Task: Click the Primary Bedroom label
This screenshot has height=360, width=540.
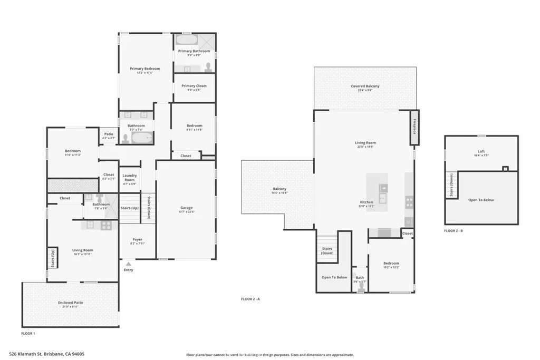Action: pyautogui.click(x=145, y=69)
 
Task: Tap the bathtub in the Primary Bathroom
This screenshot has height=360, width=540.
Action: pyautogui.click(x=185, y=41)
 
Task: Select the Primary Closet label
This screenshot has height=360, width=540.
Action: pyautogui.click(x=194, y=86)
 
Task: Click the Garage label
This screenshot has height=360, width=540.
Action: pyautogui.click(x=187, y=208)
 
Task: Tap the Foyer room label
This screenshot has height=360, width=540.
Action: pyautogui.click(x=137, y=240)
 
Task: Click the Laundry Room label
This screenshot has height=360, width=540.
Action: pyautogui.click(x=130, y=178)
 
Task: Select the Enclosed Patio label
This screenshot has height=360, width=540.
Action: pyautogui.click(x=71, y=303)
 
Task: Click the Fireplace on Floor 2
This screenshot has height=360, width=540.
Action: pyautogui.click(x=414, y=128)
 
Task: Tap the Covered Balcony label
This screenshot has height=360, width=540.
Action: pyautogui.click(x=365, y=86)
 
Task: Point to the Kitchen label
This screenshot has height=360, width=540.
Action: pyautogui.click(x=367, y=202)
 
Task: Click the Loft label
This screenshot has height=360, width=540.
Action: pyautogui.click(x=481, y=151)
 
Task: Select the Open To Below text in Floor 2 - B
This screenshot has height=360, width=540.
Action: pyautogui.click(x=481, y=200)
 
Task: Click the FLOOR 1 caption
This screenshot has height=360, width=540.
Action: pyautogui.click(x=28, y=334)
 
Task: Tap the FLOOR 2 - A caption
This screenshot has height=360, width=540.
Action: pyautogui.click(x=252, y=299)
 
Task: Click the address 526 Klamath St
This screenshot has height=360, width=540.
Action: pyautogui.click(x=47, y=354)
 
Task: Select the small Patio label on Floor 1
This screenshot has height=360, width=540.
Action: pyautogui.click(x=109, y=134)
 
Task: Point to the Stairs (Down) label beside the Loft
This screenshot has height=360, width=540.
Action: pyautogui.click(x=451, y=186)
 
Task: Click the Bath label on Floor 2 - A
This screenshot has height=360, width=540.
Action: pyautogui.click(x=360, y=277)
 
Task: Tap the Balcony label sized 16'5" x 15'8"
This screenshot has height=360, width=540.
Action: pyautogui.click(x=279, y=189)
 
